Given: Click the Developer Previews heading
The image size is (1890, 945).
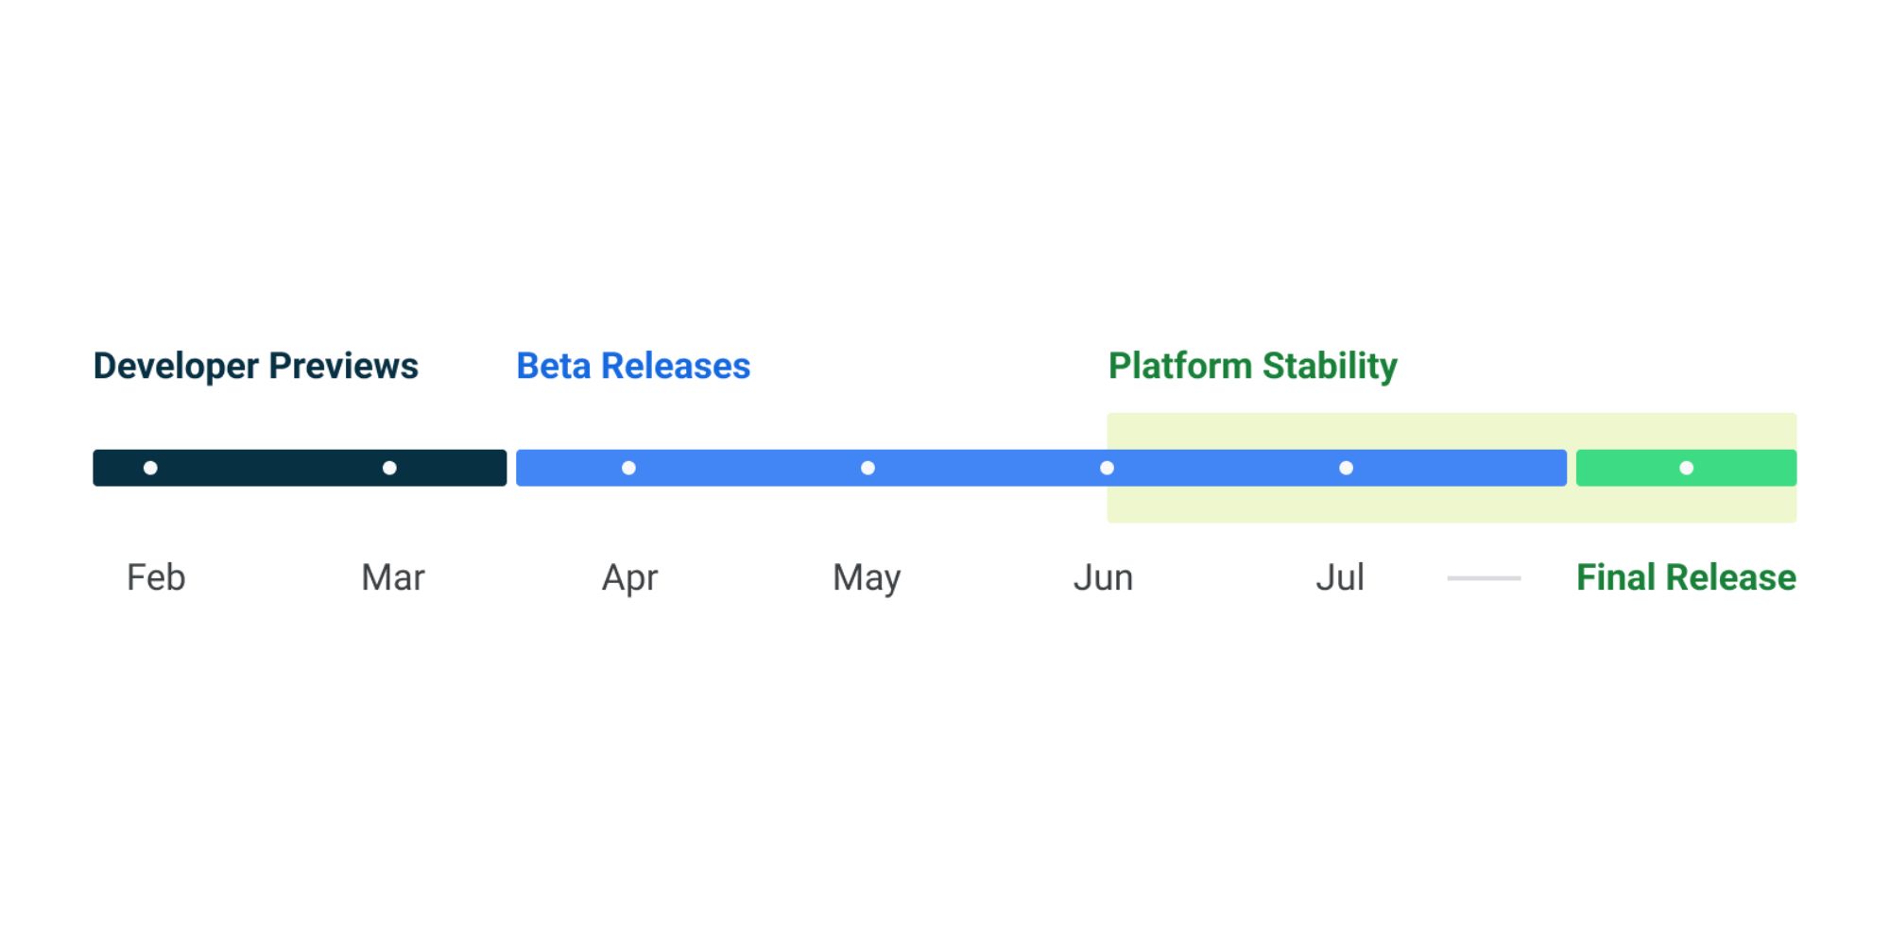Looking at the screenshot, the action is coord(255,367).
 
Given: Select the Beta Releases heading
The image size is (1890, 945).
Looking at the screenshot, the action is coord(633,366).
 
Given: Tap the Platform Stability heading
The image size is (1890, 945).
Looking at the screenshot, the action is coord(1252,367).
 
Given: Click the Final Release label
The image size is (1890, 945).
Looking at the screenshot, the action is coord(1686,577).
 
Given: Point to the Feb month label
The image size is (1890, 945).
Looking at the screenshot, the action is coord(156,577).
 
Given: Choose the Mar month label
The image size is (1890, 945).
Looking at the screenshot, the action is coord(393,577).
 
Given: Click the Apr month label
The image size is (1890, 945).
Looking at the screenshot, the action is coord(629,578).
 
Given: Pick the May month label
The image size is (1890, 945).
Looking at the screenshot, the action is coord(867,578).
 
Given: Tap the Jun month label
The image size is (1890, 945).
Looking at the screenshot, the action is coord(1103,577).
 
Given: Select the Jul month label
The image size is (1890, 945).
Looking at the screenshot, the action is coord(1340,577).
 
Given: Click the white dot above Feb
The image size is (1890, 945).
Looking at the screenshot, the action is coord(150,468).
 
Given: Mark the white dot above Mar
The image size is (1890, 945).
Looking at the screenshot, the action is coord(389,468).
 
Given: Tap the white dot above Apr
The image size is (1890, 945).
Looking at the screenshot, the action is coord(628,468).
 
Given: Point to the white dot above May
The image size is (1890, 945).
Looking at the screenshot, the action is coord(868,468).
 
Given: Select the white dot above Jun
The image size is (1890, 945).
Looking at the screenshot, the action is coord(1107,468).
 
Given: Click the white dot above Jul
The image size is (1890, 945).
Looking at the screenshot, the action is coord(1346,468).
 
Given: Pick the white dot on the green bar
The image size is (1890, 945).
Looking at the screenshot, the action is coord(1686,468).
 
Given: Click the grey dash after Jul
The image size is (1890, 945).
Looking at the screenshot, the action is coord(1484,577).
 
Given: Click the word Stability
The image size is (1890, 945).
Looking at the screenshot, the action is coord(1330,367).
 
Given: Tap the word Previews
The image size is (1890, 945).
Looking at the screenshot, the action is coord(343,366).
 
